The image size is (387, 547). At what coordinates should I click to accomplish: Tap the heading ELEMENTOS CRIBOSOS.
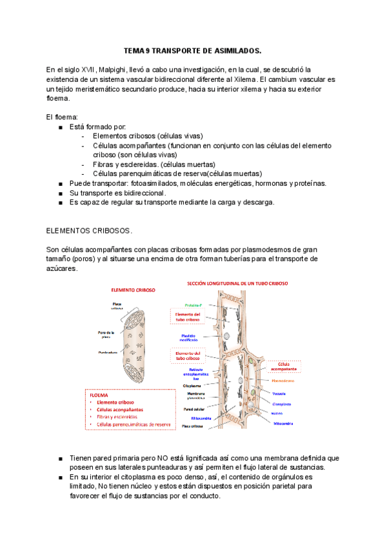tap(89, 230)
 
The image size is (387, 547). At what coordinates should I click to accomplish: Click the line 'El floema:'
tap(63, 117)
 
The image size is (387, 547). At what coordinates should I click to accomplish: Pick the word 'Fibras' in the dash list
tap(104, 164)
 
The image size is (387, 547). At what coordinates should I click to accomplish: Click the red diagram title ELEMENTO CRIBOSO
tap(134, 290)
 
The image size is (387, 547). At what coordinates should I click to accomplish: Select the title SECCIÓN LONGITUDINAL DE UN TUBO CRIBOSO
tap(237, 283)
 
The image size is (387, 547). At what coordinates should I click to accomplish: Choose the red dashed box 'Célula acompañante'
tap(287, 366)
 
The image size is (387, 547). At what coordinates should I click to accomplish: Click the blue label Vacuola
tap(279, 393)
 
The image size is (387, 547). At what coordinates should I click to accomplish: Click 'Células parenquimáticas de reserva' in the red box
tap(133, 424)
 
